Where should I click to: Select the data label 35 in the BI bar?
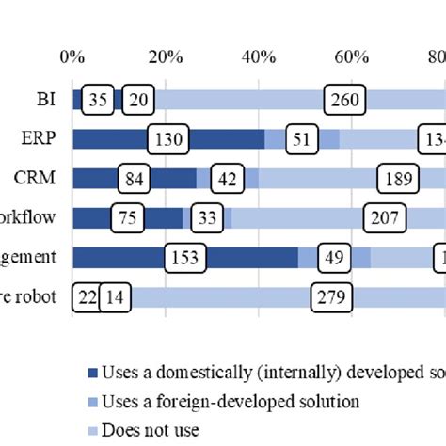[99, 100]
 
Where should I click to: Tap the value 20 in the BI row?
[139, 100]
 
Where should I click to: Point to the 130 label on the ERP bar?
[167, 139]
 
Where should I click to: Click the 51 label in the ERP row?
[301, 139]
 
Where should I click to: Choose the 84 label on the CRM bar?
[135, 179]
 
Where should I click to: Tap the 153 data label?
[185, 258]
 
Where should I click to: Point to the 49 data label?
[333, 258]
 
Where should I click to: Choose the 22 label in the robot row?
[88, 298]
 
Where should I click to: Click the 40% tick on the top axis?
[259, 56]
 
